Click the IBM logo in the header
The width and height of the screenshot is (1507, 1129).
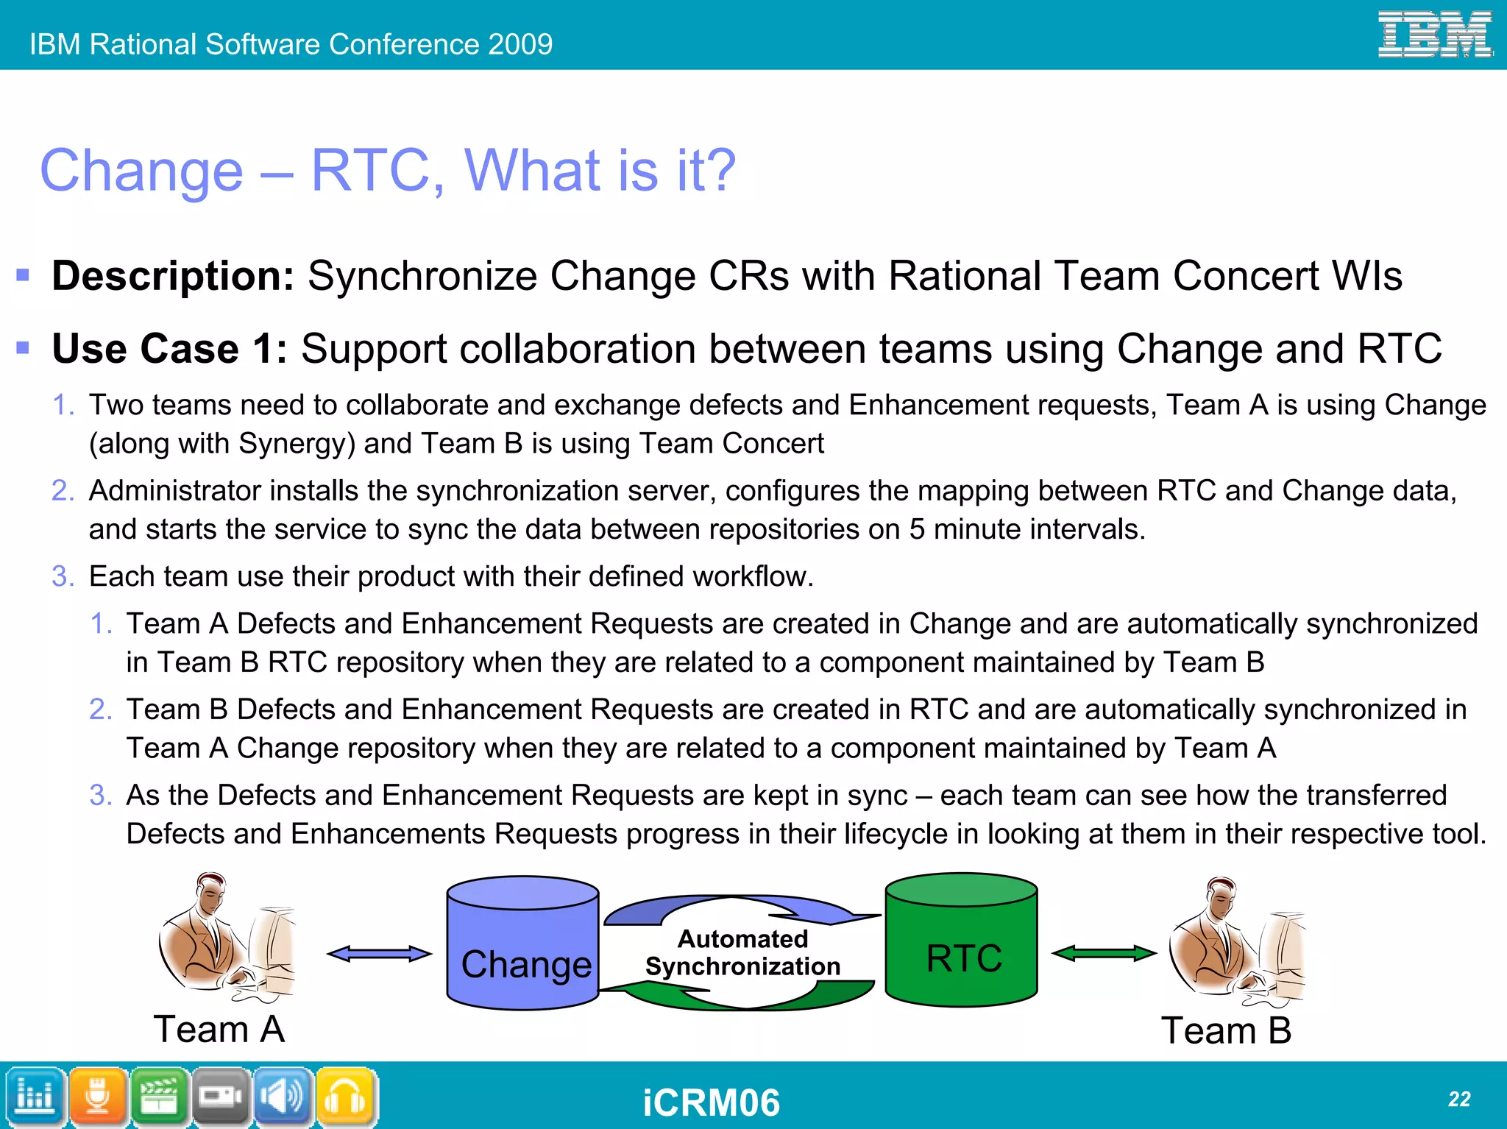[1434, 35]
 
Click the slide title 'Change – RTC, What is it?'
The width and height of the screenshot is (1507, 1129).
[387, 170]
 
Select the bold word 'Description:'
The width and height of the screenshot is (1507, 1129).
[173, 276]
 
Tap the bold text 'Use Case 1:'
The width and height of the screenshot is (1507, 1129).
[169, 348]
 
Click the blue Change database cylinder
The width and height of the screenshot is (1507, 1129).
[523, 943]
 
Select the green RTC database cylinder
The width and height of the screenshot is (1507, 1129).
[961, 941]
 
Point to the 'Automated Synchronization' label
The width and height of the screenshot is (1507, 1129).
[742, 952]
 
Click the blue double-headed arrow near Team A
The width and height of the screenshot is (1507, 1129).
[379, 954]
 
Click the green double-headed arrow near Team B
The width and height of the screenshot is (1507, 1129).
[1104, 954]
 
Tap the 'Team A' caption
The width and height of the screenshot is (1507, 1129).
[219, 1029]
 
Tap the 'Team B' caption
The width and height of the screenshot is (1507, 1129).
[1226, 1030]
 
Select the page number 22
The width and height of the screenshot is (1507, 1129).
[1458, 1099]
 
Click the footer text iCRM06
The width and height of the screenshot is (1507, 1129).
[711, 1103]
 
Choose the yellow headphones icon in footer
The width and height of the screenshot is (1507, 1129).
[346, 1097]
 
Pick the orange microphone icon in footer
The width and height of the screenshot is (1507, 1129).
[98, 1097]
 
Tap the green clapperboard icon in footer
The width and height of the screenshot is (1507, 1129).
[160, 1097]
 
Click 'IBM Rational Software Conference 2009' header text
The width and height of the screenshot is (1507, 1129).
[291, 44]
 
